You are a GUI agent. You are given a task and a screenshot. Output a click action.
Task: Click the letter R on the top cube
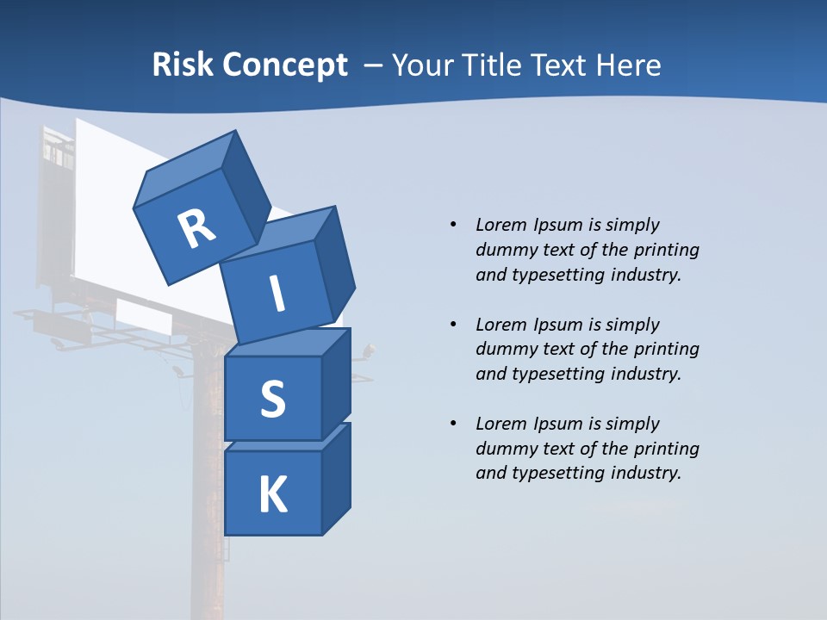click(196, 229)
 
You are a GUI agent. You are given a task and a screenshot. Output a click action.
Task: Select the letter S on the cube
click(272, 400)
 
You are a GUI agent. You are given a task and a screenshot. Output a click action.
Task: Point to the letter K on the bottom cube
click(272, 495)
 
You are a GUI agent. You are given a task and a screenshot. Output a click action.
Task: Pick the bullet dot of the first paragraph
click(453, 225)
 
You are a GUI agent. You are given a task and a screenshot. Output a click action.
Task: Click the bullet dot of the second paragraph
click(453, 325)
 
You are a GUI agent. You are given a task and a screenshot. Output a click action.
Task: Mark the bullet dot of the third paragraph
click(453, 424)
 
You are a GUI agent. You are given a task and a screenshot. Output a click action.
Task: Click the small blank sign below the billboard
click(143, 315)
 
